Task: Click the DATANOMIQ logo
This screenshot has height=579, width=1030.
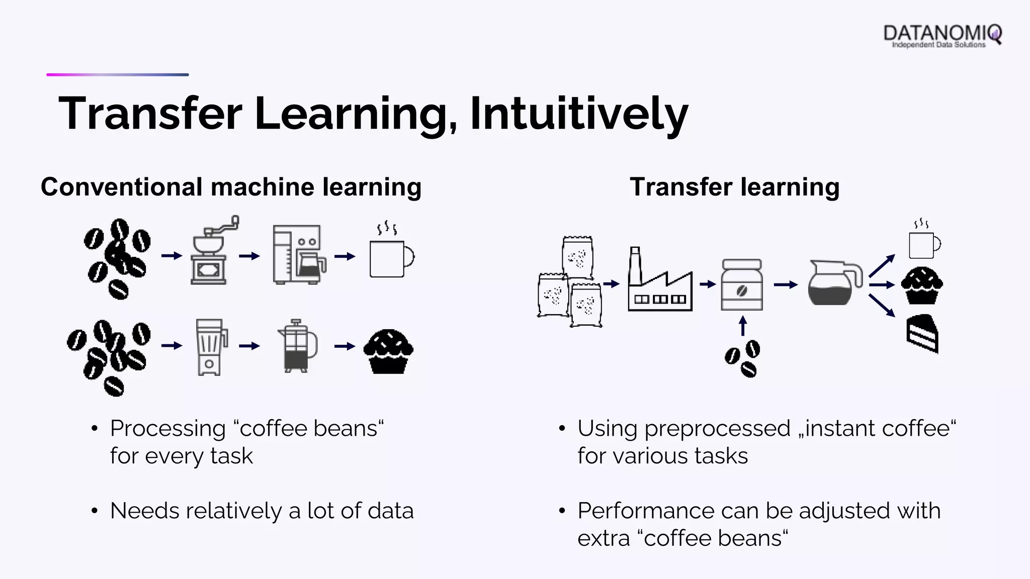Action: (x=942, y=36)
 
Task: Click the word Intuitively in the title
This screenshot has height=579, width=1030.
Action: (x=578, y=114)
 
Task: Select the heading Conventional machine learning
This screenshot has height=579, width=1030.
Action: (x=231, y=187)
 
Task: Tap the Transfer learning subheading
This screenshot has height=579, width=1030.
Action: (x=734, y=187)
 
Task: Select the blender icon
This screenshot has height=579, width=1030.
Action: (x=211, y=347)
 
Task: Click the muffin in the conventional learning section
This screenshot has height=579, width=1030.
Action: (x=388, y=351)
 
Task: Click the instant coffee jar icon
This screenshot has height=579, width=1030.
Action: (x=742, y=285)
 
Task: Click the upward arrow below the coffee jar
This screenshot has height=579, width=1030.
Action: (x=742, y=325)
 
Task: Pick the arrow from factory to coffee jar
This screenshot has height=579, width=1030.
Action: (x=707, y=284)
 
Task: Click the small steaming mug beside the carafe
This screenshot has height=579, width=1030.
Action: (x=923, y=241)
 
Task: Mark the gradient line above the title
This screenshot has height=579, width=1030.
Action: (x=118, y=75)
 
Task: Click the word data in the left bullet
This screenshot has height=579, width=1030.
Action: (x=390, y=511)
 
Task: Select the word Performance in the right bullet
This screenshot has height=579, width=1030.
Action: (x=645, y=511)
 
